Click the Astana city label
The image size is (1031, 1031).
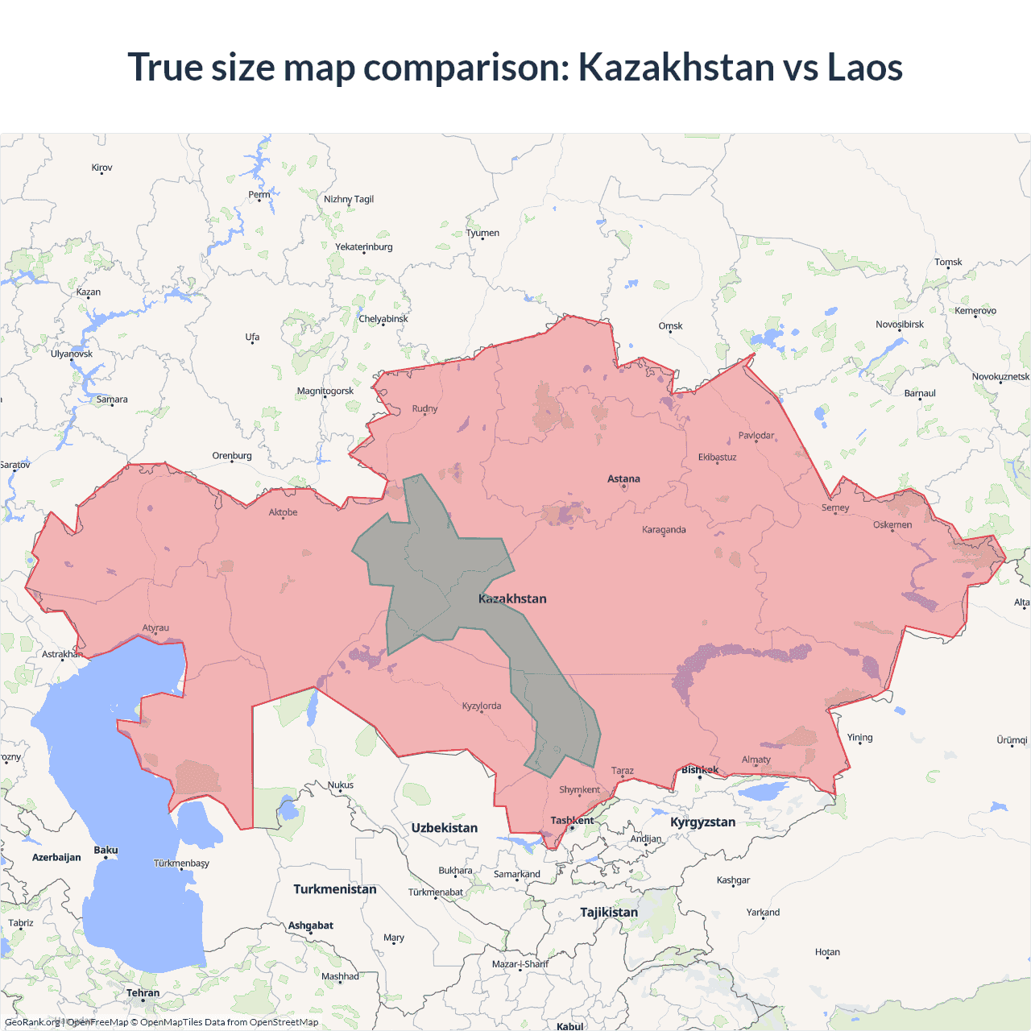(623, 478)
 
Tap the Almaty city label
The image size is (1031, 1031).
(756, 760)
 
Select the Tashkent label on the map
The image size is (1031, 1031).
(572, 821)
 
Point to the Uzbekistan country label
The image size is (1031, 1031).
(444, 828)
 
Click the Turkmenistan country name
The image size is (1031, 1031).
(334, 889)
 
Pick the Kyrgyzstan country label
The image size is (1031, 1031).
(702, 822)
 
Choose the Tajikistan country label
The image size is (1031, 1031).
(608, 913)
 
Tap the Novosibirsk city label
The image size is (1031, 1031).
(900, 325)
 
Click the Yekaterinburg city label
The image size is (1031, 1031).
(364, 247)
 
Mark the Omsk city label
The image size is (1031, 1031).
(670, 326)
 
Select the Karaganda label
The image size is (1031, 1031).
(664, 530)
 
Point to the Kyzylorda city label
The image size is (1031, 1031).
(482, 706)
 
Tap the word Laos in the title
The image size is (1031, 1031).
(865, 67)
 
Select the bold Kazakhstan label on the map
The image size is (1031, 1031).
(512, 598)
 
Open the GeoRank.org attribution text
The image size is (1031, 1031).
(32, 1022)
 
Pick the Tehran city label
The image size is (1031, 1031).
(143, 993)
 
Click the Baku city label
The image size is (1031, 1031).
(106, 851)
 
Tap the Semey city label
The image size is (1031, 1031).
(835, 508)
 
